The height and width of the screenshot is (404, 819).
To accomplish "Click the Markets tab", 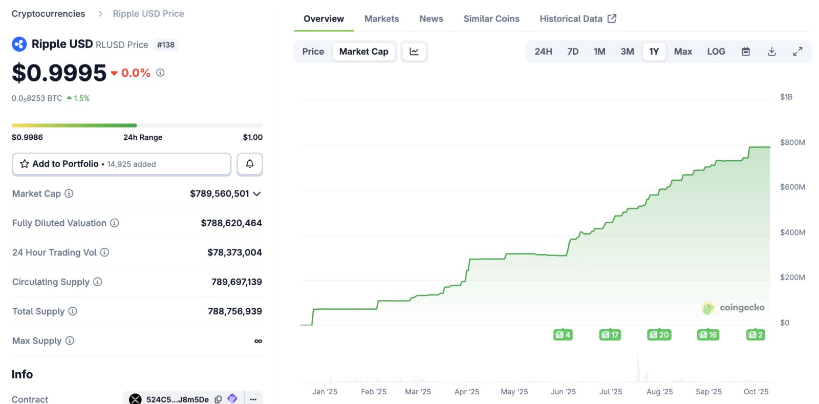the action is pos(381,18).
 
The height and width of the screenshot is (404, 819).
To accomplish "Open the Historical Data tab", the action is pos(578,18).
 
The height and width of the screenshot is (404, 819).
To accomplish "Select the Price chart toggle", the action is pos(313,52).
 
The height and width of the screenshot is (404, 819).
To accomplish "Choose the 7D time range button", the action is pos(573,52).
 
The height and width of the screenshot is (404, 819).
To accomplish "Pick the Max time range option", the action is pos(683,52).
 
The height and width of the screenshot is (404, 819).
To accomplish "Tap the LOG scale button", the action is pos(716,52).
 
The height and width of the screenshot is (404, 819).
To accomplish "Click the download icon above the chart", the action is pos(771,52).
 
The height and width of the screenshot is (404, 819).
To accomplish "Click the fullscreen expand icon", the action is pos(798,52).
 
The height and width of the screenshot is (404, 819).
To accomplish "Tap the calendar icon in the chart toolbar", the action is pos(745,52).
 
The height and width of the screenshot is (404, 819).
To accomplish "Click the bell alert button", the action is pos(250,164).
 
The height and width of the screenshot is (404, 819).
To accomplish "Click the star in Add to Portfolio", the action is pos(25,164).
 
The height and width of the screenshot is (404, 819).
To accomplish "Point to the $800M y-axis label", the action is pos(792,142).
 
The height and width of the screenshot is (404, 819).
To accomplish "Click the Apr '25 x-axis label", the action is pos(466,392).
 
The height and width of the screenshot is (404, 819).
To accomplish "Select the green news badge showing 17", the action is pos(610,334).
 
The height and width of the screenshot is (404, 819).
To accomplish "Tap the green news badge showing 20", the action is pos(659,334).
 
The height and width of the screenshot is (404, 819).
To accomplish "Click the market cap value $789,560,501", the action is pos(220,194).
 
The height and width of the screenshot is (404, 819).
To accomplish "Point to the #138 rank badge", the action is pos(166,45).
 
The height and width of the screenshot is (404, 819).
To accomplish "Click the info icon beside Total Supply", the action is pos(73,311).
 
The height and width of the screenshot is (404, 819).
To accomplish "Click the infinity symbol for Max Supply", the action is pos(258,341).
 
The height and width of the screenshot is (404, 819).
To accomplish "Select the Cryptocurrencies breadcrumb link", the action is pos(48,13).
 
